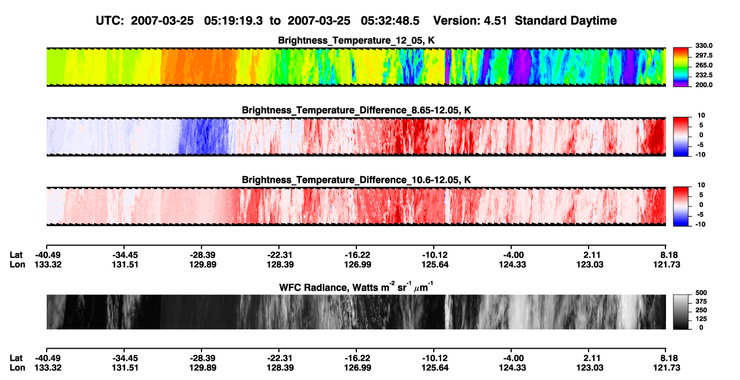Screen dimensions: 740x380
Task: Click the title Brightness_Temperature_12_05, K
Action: point(356,40)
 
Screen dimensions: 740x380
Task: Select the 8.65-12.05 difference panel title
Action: point(356,110)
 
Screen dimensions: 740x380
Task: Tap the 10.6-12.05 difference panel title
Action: point(356,180)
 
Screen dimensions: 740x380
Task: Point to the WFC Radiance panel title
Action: point(356,287)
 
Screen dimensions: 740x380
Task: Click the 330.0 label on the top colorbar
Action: point(704,46)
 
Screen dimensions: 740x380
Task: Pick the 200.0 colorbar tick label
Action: point(704,85)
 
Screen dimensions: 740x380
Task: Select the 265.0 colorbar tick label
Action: point(704,65)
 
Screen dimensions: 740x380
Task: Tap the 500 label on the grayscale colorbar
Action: point(701,293)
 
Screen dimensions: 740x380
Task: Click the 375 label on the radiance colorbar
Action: point(701,301)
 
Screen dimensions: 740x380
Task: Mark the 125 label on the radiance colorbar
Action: point(701,319)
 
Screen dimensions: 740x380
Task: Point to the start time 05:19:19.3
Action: point(233,21)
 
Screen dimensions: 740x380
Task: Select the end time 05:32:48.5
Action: point(390,21)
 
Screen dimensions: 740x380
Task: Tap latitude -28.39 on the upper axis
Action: point(203,255)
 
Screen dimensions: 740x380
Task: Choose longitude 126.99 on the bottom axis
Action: point(357,368)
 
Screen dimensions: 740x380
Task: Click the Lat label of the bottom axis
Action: point(16,358)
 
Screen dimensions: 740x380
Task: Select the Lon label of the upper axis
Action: point(18,264)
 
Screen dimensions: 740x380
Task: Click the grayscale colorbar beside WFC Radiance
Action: point(681,312)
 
